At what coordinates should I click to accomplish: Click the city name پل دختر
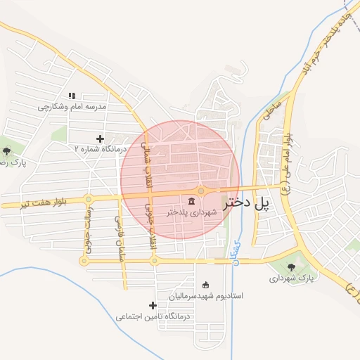(247, 204)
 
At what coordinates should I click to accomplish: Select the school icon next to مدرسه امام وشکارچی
(72, 96)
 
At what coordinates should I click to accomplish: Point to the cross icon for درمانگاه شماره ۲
(100, 139)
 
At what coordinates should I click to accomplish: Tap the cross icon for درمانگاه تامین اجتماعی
(153, 305)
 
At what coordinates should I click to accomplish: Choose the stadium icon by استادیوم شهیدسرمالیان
(205, 285)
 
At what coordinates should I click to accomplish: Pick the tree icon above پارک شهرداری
(291, 266)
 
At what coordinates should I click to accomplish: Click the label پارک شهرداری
(290, 278)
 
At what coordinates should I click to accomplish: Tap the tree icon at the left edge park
(6, 150)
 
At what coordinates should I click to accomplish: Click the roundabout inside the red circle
(201, 191)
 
